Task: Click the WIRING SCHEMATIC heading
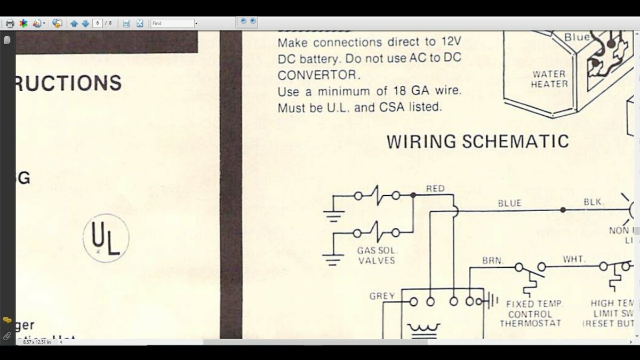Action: pos(477,142)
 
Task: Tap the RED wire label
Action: pos(435,189)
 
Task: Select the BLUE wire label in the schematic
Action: pos(509,203)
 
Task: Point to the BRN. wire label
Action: pos(492,260)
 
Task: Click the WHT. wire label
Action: pos(574,259)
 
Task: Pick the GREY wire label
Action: pos(382,296)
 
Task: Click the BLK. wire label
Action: pos(594,202)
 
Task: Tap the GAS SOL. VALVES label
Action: pos(377,255)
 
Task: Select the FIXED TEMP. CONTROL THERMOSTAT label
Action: pos(531,314)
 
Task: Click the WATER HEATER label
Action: pos(549,79)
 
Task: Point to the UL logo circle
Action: pos(106,238)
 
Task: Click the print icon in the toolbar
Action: pos(10,23)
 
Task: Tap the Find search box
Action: pos(172,23)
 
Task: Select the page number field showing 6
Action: pos(97,23)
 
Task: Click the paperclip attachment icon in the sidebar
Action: pos(7,336)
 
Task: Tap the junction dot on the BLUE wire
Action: pos(563,210)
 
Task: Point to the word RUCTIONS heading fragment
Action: pos(69,83)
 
